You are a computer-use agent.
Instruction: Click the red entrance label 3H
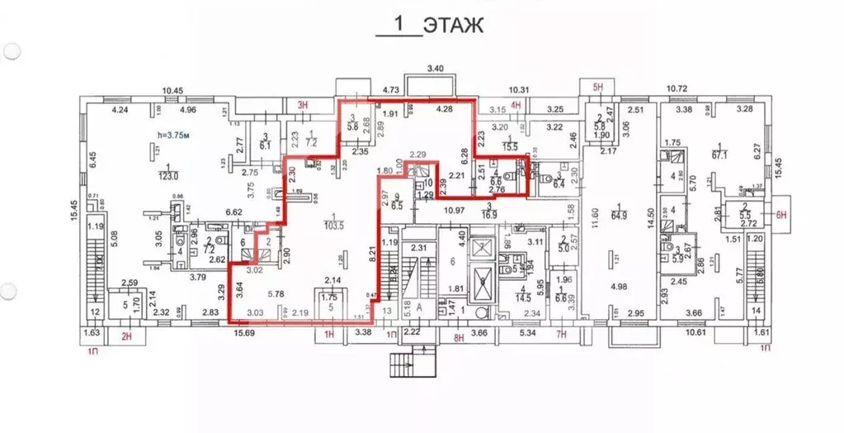point(302,103)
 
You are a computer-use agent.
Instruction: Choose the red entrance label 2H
point(126,336)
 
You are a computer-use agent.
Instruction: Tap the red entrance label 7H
point(562,335)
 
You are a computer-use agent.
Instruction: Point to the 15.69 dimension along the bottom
point(243,333)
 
